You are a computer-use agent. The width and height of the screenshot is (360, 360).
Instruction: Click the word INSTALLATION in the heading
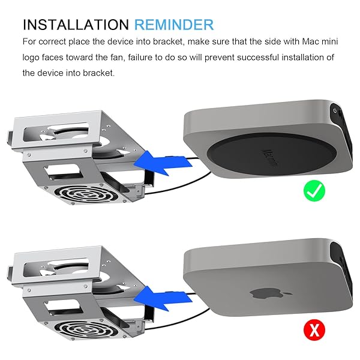tap(76, 25)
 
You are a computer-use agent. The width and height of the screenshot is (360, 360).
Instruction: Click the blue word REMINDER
tap(174, 25)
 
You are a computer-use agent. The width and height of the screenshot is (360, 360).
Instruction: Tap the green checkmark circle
tap(314, 191)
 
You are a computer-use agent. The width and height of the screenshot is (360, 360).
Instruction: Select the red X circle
tap(314, 330)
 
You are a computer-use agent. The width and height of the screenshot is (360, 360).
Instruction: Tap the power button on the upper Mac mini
tap(335, 110)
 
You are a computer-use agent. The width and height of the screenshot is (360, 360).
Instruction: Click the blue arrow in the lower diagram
tap(163, 299)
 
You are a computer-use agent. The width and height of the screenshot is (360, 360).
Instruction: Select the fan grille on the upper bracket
tap(86, 194)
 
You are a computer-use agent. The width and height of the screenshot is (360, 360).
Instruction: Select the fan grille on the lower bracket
tap(86, 329)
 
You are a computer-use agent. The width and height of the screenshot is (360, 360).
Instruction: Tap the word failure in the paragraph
tap(139, 58)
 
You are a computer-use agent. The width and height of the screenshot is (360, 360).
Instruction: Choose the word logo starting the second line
tap(31, 58)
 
